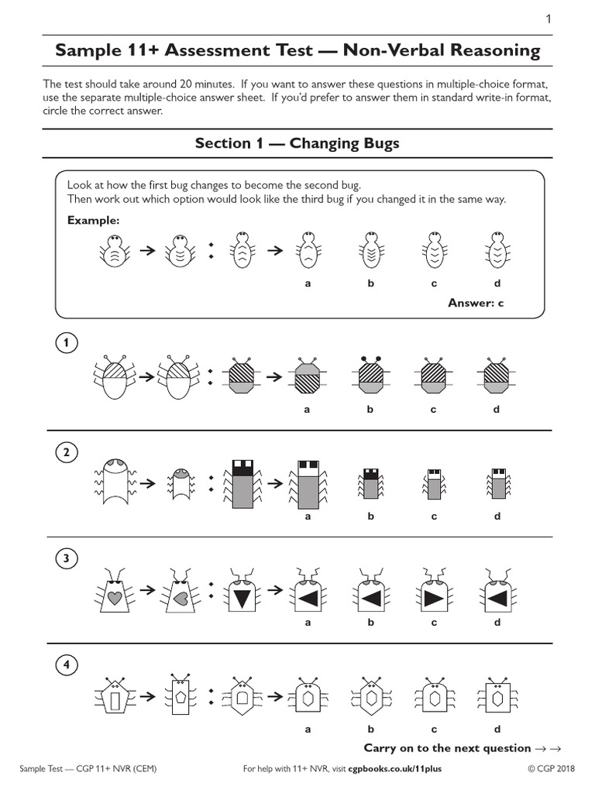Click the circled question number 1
coord(67,342)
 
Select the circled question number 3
coord(67,558)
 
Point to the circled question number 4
coord(67,664)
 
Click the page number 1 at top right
coord(549,19)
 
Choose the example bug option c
coord(434,250)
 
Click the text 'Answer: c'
coord(476,303)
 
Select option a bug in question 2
coord(308,484)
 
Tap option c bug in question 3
coord(435,594)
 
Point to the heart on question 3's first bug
coord(114,598)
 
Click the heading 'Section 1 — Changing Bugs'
coord(297,143)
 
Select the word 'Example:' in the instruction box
coord(93,221)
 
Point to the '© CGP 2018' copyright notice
coord(551,769)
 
